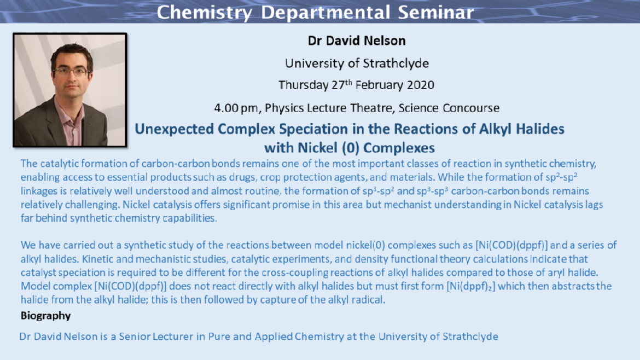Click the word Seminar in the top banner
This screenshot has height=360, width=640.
pos(436,12)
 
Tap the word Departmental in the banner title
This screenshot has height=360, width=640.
pos(325,12)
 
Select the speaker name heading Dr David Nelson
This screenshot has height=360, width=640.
pos(357,41)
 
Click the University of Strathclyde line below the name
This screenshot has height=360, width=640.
pos(357,63)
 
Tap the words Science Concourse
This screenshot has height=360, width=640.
pos(449,108)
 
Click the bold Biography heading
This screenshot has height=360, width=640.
pos(46,316)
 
